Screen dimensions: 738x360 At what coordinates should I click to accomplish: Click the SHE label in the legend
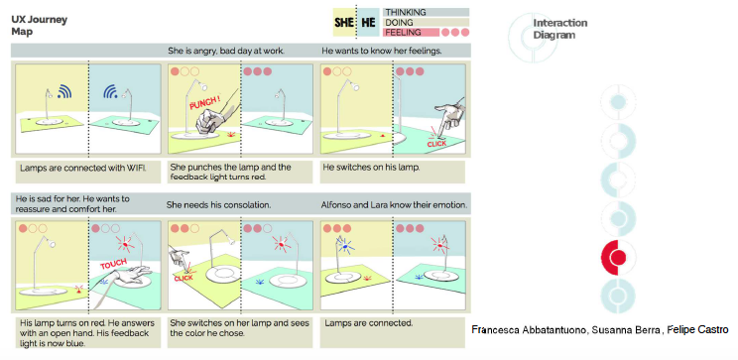[344, 23]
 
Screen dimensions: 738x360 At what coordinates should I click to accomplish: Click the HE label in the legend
[368, 23]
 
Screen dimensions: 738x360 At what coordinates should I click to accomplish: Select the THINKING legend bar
[426, 12]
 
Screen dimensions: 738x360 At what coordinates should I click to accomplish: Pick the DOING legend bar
[426, 22]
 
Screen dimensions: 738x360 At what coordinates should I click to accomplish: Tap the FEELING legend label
[403, 33]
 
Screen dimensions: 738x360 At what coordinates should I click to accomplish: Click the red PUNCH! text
[205, 103]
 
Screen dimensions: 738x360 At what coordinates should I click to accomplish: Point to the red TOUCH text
[113, 265]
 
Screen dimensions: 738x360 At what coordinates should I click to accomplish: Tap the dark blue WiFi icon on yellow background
[64, 91]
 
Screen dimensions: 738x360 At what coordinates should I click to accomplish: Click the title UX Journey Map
[39, 26]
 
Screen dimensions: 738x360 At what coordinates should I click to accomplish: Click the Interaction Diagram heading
[560, 29]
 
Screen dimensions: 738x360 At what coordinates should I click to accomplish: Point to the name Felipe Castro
[698, 330]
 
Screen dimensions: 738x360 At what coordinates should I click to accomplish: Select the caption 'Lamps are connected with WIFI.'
[83, 168]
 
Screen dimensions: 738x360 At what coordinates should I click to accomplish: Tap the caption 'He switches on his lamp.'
[372, 168]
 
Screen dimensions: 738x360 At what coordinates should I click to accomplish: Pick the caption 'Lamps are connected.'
[369, 323]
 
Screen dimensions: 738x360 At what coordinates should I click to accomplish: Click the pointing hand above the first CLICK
[447, 116]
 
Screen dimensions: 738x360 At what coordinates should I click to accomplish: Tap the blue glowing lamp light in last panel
[345, 246]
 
